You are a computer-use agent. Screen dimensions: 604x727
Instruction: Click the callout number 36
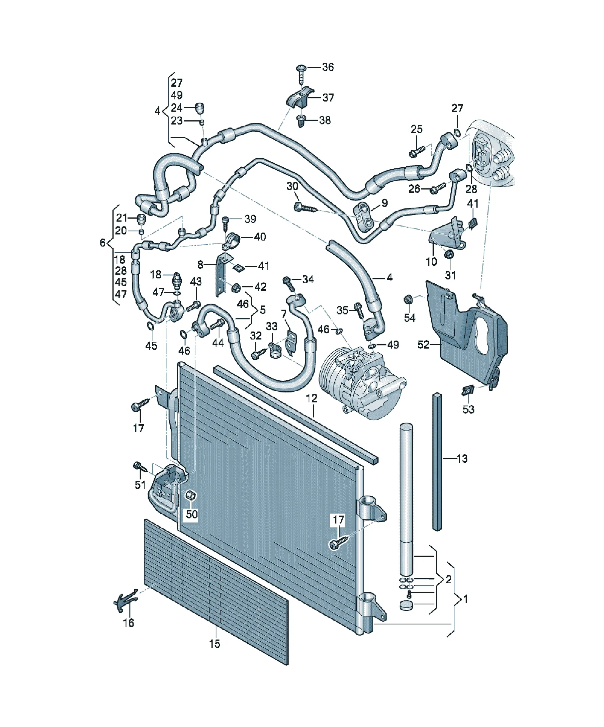[328, 67]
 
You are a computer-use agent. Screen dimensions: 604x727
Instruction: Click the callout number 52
[423, 345]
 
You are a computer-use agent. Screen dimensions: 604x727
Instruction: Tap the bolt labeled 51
[140, 467]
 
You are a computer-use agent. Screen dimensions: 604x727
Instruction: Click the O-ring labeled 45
[150, 326]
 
